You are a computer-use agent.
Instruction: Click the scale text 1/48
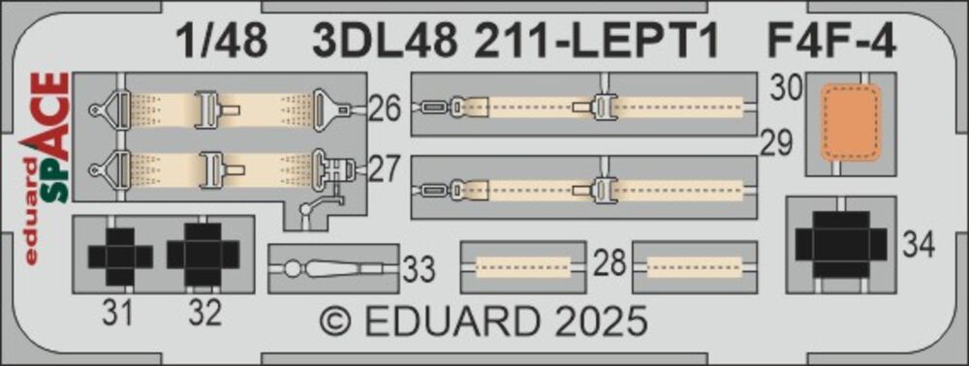point(221,44)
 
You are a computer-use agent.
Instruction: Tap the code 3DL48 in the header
point(385,44)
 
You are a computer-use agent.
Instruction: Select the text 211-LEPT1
point(596,44)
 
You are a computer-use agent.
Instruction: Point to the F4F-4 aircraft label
point(829,44)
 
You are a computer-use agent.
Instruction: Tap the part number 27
point(387,169)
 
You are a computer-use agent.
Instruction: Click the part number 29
point(775,145)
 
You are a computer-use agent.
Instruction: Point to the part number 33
point(420,270)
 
